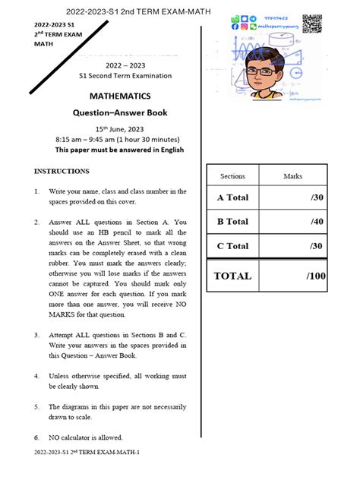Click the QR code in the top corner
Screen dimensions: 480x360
click(311, 24)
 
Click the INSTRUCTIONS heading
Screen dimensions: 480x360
click(62, 171)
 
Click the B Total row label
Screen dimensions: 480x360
click(232, 222)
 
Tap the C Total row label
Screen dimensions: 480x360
click(232, 246)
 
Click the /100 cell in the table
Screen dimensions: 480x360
click(316, 276)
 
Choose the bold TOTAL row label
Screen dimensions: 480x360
click(232, 276)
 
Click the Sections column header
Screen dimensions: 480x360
click(232, 176)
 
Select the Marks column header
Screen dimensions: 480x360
click(292, 176)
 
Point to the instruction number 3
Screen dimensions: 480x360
click(37, 334)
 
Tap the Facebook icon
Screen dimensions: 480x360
click(235, 26)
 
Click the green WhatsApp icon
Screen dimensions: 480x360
click(235, 17)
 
